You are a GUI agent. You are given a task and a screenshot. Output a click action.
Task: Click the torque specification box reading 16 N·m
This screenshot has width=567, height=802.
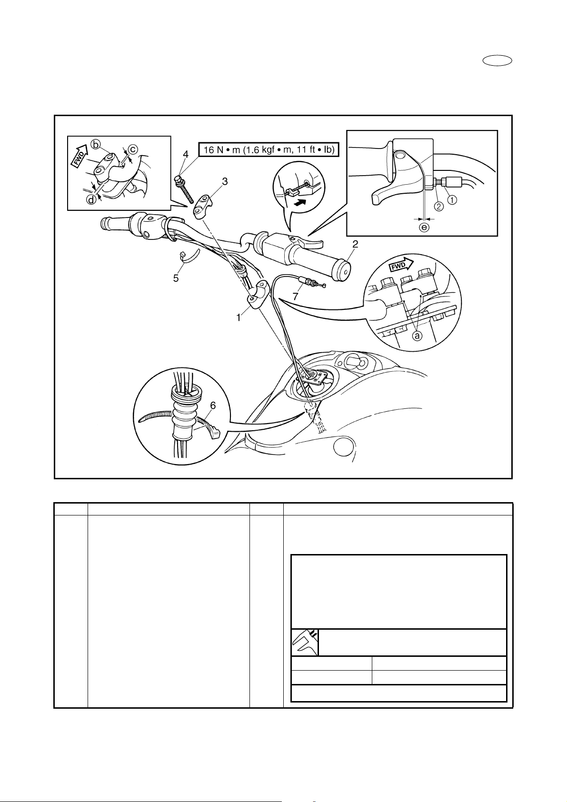point(269,149)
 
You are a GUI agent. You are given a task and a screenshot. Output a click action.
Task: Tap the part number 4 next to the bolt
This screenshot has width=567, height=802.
point(186,154)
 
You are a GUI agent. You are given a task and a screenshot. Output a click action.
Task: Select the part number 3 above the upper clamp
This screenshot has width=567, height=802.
point(225,181)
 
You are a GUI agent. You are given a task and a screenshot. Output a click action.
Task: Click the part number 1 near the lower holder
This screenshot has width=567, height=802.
point(239,317)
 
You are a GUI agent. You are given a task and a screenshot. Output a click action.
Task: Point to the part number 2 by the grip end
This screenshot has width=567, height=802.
point(355,244)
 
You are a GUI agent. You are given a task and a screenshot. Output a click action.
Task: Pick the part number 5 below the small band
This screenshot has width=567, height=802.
point(176,278)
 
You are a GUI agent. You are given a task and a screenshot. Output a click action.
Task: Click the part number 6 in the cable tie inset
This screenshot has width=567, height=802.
point(213,406)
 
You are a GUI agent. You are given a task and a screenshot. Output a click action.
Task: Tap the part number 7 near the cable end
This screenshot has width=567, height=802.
point(295,297)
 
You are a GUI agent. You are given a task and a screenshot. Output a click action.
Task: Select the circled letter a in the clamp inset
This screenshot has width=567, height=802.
point(417,336)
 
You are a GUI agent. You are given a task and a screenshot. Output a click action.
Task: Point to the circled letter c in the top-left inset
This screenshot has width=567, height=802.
point(132,149)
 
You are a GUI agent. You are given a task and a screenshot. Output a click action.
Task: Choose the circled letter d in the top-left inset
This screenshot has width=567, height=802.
point(92,199)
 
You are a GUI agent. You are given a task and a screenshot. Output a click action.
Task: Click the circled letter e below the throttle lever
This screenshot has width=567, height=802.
point(424,227)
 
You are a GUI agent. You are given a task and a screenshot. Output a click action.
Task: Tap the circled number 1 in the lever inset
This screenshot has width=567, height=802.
point(452,200)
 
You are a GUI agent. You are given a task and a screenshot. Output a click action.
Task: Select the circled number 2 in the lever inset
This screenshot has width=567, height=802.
point(439,206)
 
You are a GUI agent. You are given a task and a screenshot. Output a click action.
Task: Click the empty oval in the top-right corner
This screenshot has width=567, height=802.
point(497,61)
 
